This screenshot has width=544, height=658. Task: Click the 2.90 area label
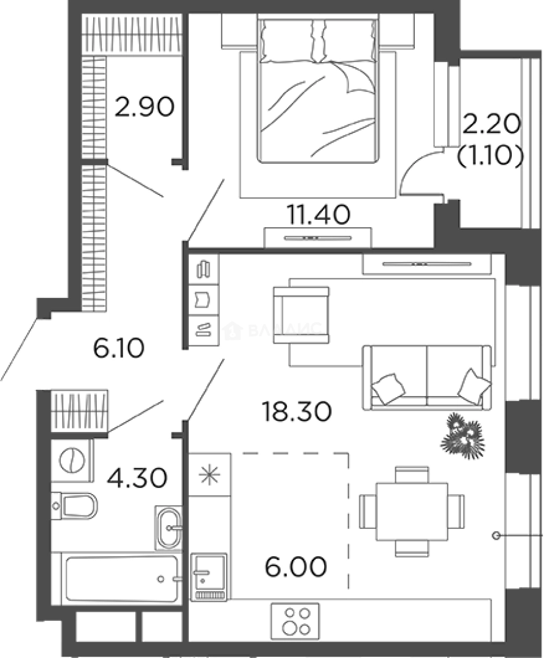[x=145, y=107]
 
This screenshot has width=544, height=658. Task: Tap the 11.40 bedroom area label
[x=318, y=214]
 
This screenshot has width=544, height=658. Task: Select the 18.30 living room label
[x=296, y=412]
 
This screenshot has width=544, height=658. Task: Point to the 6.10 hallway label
[x=118, y=348]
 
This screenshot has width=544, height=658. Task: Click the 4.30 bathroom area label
[x=136, y=477]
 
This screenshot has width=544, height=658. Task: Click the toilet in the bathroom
[x=76, y=506]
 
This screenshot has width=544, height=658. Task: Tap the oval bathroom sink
[x=168, y=528]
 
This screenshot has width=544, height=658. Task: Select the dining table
[x=411, y=511]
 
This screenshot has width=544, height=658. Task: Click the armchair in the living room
[x=301, y=314]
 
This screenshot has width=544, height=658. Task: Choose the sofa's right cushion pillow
[x=474, y=386]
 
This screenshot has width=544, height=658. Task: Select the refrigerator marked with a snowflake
[x=209, y=475]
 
